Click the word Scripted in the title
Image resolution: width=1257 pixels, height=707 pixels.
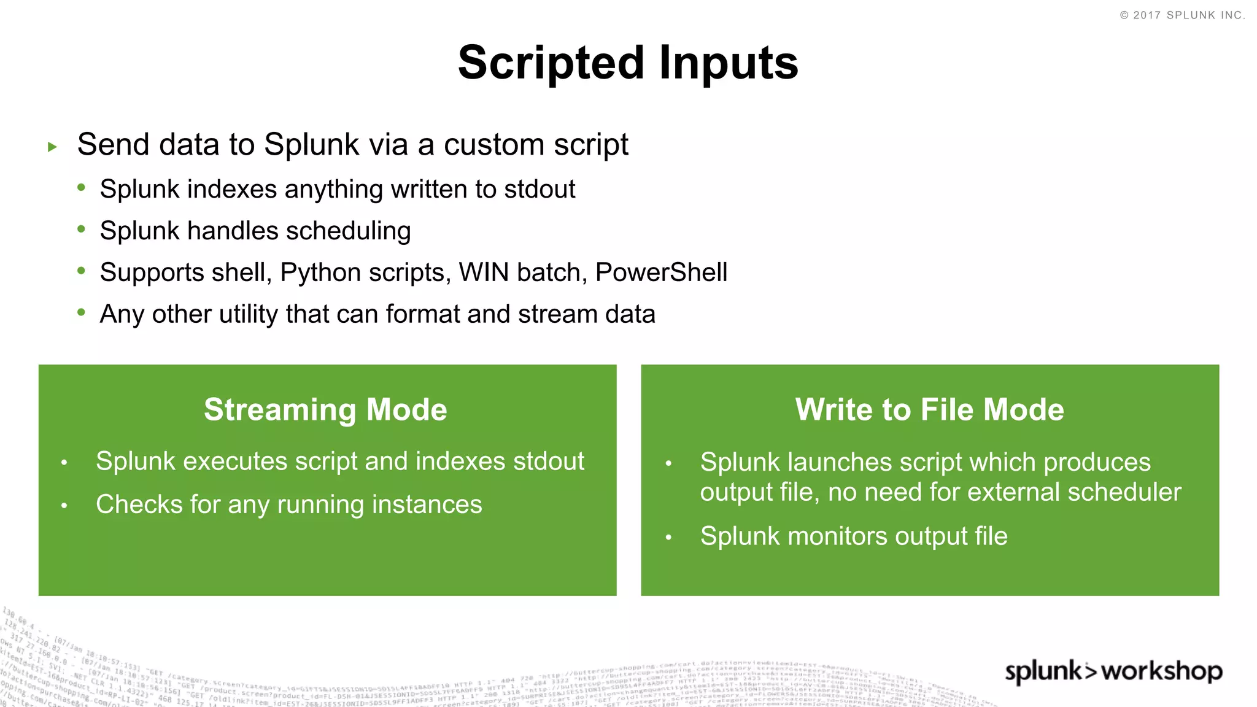551,64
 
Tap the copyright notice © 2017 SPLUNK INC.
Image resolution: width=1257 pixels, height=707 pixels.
1182,15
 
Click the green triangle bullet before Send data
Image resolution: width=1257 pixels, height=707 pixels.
53,147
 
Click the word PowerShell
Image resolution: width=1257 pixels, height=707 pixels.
661,272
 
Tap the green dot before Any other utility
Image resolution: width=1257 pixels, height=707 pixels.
81,312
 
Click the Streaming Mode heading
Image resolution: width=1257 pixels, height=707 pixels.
325,409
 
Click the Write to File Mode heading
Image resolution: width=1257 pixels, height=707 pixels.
929,409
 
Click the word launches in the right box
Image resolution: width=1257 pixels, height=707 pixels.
839,462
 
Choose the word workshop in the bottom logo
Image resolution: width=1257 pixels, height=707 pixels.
1161,671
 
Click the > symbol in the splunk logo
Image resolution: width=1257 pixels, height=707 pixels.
1091,671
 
